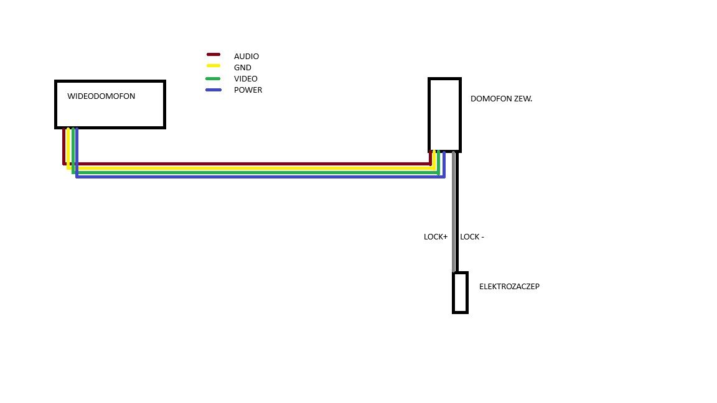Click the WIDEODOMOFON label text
click(x=101, y=96)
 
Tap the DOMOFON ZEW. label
click(x=501, y=99)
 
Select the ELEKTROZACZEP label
click(x=509, y=287)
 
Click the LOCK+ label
click(x=436, y=237)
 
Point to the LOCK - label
click(x=472, y=237)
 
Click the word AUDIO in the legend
click(x=246, y=56)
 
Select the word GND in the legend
click(x=243, y=68)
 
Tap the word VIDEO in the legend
click(x=246, y=79)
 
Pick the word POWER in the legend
click(x=248, y=90)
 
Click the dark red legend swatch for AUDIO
click(x=213, y=54)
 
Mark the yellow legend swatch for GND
click(x=213, y=66)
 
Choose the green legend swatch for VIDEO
click(x=213, y=78)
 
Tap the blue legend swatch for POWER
click(x=213, y=90)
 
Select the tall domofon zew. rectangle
click(x=429, y=115)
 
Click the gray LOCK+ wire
click(x=454, y=211)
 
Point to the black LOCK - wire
click(x=457, y=211)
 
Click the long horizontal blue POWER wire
click(x=261, y=177)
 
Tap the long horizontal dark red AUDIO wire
click(x=247, y=164)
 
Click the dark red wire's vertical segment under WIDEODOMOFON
click(x=64, y=146)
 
